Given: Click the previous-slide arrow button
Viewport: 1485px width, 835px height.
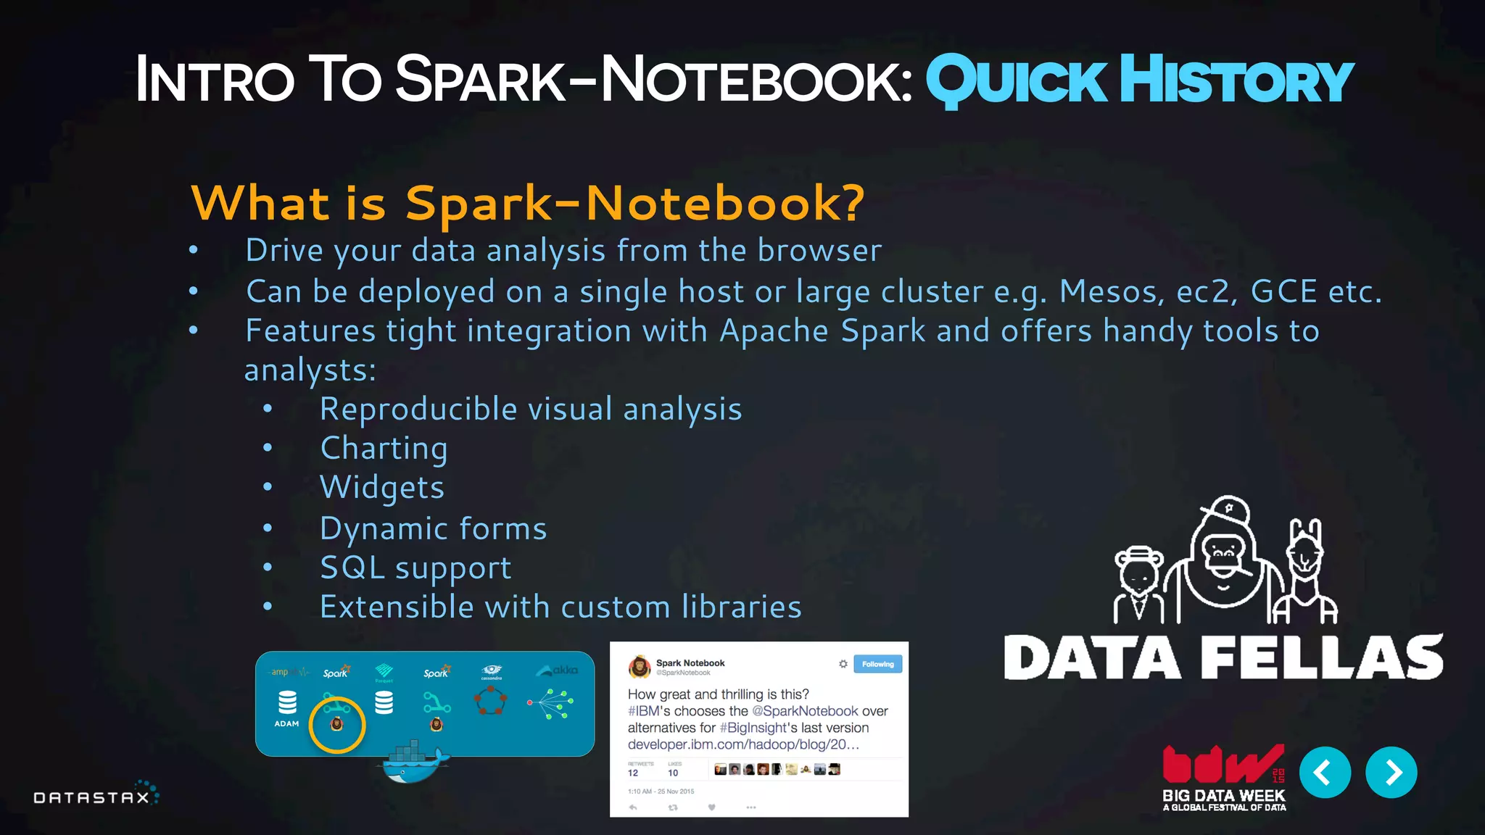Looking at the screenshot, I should coord(1325,773).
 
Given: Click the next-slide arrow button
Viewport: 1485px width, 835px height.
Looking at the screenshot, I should coord(1391,773).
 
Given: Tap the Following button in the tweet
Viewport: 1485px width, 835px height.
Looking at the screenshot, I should coord(877,664).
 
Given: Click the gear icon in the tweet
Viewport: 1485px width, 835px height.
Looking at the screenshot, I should coord(843,664).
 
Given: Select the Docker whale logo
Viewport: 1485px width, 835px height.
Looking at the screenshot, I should coord(413,764).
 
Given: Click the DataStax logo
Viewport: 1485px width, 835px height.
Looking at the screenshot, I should coord(95,796).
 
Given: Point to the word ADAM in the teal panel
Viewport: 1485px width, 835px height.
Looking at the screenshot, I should coord(286,723).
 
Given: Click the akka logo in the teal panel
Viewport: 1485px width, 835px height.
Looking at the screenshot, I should coord(558,670).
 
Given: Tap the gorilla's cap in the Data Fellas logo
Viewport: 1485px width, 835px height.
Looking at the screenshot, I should coord(1226,510).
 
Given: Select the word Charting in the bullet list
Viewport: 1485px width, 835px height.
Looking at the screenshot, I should coord(384,449).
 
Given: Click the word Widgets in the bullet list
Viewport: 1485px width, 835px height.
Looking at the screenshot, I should coord(382,488).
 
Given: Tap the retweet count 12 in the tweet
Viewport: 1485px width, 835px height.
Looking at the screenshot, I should coord(633,773).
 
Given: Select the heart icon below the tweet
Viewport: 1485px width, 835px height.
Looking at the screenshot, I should coord(711,807).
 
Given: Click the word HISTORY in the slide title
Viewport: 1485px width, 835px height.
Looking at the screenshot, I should coord(1236,81).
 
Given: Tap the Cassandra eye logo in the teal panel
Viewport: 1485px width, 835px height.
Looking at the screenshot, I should coord(492,670).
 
